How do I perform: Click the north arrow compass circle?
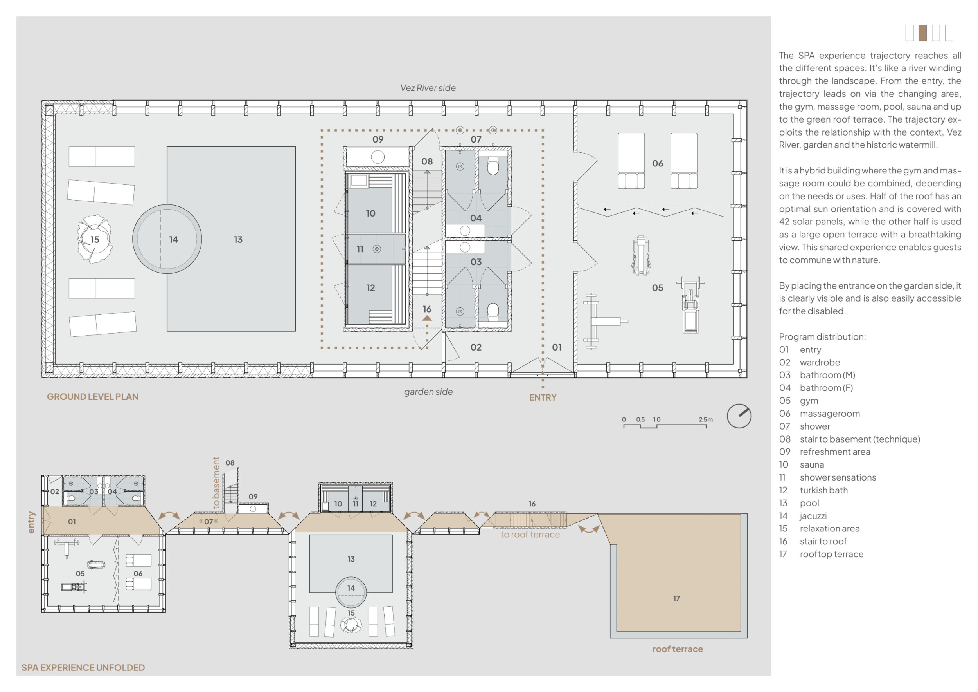click(x=739, y=416)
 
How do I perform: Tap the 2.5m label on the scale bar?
click(x=705, y=419)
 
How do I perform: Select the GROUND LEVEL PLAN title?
click(x=92, y=397)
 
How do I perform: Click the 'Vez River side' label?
click(x=428, y=88)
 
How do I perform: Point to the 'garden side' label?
click(x=428, y=392)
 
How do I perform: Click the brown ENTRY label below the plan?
click(x=542, y=397)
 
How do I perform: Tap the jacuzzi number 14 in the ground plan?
click(x=173, y=240)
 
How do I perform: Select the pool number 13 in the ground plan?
click(x=238, y=240)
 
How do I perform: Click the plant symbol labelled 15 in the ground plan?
click(x=95, y=239)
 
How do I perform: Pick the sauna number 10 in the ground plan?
click(x=370, y=213)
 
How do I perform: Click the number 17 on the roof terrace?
click(x=676, y=599)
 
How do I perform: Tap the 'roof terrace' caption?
click(x=677, y=649)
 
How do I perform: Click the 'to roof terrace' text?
click(x=530, y=535)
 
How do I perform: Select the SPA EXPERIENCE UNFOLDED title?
click(x=83, y=668)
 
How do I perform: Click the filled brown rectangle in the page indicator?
click(x=922, y=33)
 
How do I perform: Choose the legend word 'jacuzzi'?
click(x=813, y=516)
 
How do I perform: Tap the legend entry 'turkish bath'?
click(x=823, y=490)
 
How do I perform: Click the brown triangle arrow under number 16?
click(x=427, y=318)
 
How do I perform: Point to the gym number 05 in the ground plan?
click(x=657, y=288)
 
